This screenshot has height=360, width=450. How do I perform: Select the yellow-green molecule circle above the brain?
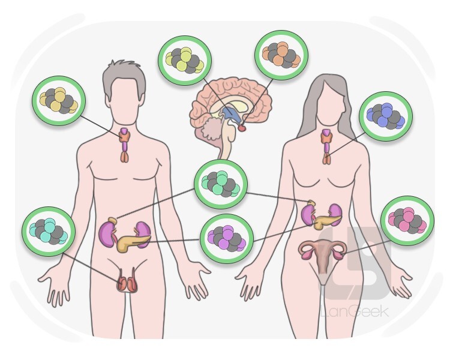point(185,60)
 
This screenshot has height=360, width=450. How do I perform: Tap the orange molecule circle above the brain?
point(281,56)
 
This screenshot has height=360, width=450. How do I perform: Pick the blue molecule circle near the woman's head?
point(386,115)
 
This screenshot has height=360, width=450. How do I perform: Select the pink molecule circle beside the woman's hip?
point(407,221)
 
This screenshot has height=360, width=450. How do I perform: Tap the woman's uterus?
point(323,251)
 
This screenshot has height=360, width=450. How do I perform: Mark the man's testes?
point(127,283)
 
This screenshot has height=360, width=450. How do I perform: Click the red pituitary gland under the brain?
point(242,127)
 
